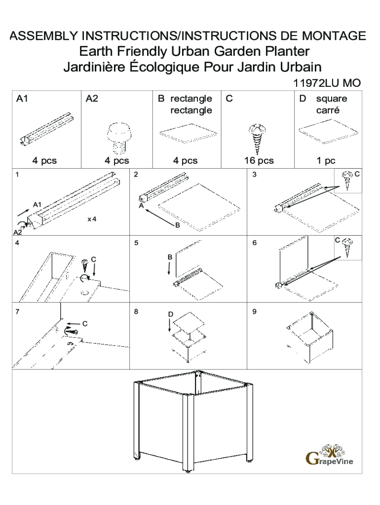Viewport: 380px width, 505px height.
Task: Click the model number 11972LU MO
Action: (327, 83)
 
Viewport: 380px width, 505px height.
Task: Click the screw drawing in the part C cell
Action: (257, 138)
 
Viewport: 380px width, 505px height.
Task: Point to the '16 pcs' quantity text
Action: (259, 160)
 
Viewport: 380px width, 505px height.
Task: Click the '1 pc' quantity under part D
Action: (326, 160)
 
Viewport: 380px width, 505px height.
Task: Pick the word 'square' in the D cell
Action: (331, 99)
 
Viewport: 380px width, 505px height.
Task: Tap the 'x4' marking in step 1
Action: (92, 219)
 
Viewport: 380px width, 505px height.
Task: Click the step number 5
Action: (136, 243)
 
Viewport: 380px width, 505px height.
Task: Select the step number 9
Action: (254, 312)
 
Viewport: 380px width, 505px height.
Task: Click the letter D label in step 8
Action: (170, 314)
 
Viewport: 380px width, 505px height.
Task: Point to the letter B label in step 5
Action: (170, 257)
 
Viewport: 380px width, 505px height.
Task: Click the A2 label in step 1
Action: (18, 232)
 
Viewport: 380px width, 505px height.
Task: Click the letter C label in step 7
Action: (85, 324)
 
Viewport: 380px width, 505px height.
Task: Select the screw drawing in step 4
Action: (85, 265)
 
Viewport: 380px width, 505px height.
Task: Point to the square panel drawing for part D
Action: (329, 131)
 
